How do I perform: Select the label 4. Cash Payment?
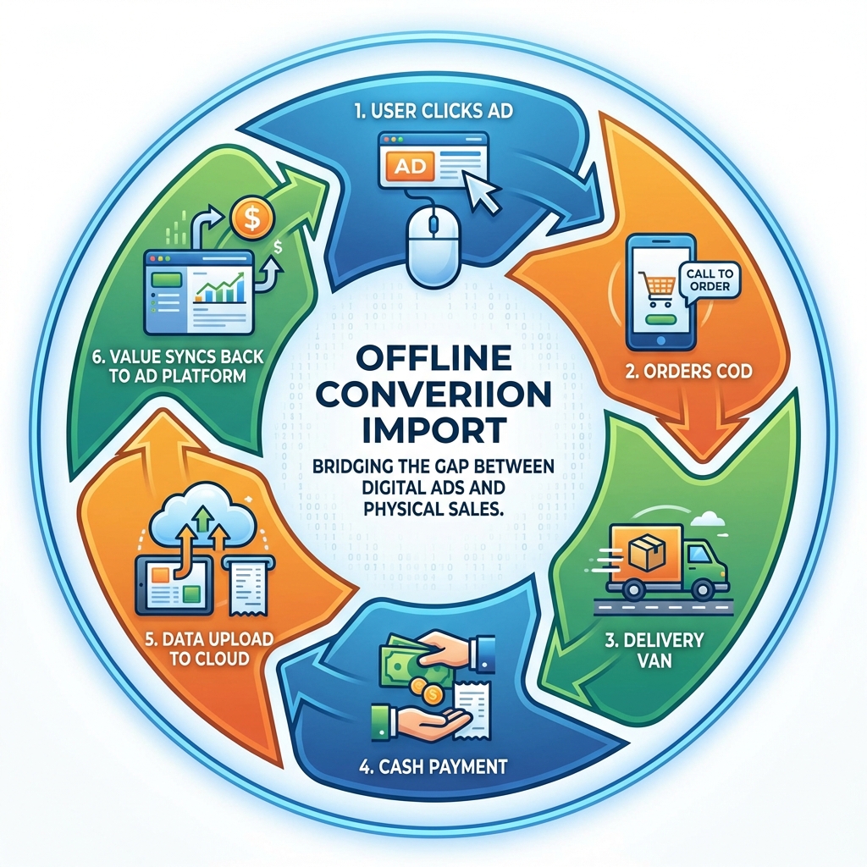[x=433, y=767]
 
